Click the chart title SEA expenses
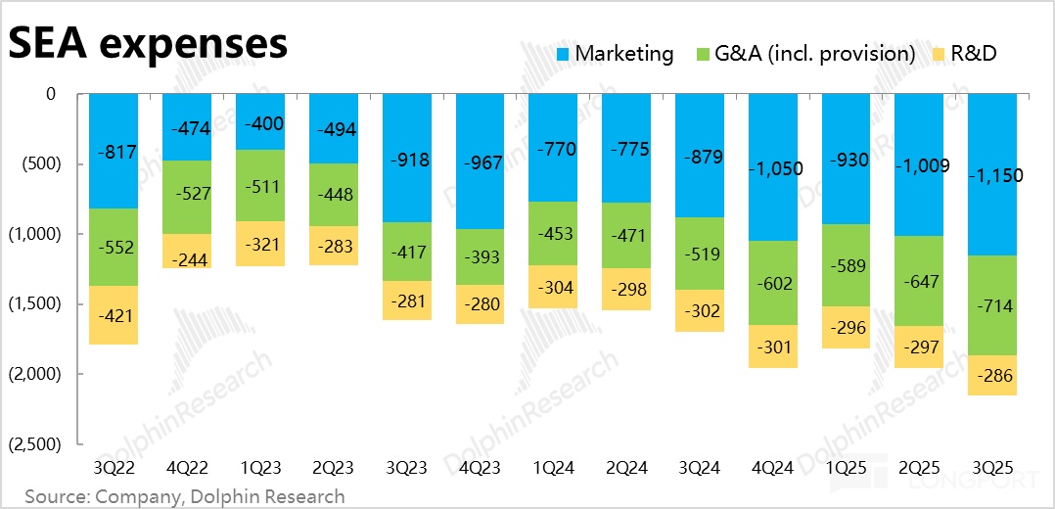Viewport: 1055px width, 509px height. (x=148, y=44)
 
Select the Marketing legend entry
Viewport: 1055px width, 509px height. (x=615, y=54)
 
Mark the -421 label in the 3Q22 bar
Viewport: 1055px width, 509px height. (x=113, y=315)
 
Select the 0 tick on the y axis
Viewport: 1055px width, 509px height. (x=51, y=94)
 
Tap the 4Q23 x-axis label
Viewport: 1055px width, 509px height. (x=482, y=467)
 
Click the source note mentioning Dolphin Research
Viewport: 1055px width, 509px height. (x=185, y=496)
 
